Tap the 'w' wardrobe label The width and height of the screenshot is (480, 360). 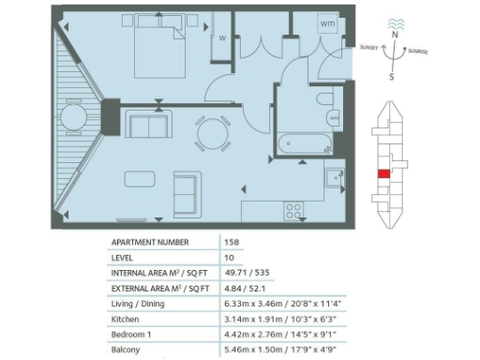222,38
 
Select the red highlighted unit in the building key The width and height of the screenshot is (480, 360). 384,172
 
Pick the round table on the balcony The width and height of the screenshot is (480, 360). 73,117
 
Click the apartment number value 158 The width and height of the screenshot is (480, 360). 232,242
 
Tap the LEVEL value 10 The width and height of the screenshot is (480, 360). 230,257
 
